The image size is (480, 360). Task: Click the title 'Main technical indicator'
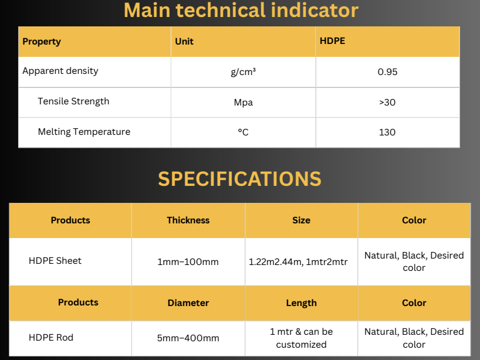(241, 11)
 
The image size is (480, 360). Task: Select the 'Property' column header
(42, 42)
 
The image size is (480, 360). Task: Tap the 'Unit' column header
(184, 41)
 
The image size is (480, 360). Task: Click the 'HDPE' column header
(333, 40)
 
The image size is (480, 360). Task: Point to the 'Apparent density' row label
(60, 71)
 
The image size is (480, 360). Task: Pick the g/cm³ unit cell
(243, 72)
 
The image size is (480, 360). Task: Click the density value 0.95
(387, 72)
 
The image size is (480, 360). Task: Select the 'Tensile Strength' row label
(73, 101)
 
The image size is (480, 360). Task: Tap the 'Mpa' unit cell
(244, 103)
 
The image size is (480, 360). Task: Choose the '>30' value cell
(387, 102)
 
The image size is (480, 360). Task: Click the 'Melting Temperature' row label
(84, 132)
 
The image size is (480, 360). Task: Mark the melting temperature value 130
(387, 132)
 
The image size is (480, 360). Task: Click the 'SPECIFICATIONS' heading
(239, 179)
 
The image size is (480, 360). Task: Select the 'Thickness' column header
(188, 220)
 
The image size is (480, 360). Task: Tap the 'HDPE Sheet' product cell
(55, 260)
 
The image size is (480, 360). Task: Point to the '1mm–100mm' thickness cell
(188, 262)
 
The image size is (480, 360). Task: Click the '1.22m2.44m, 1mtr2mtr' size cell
(298, 262)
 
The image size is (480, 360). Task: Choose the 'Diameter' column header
(188, 303)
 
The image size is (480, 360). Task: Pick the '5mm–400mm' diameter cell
(188, 338)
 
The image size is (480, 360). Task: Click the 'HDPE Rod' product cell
(51, 337)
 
